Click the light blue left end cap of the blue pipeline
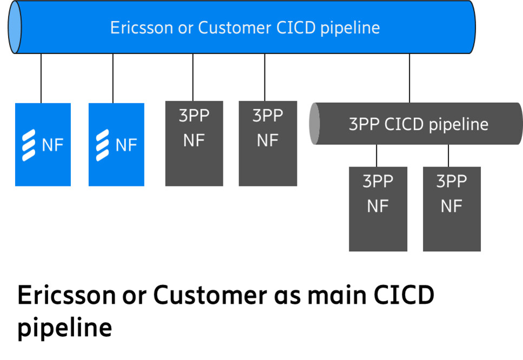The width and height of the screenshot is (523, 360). (x=15, y=28)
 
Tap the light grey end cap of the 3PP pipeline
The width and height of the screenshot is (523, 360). (x=314, y=124)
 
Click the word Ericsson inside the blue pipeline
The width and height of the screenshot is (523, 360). (x=141, y=28)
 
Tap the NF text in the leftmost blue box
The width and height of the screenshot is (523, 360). (x=52, y=145)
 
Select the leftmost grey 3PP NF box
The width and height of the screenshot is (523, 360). (x=194, y=143)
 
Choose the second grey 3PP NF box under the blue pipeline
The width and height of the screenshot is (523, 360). (x=268, y=143)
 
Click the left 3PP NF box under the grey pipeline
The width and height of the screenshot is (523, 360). (x=378, y=209)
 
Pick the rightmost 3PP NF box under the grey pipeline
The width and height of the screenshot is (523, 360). (x=452, y=209)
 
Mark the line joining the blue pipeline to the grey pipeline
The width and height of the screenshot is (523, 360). (x=409, y=78)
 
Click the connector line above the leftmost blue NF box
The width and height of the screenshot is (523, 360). (x=41, y=78)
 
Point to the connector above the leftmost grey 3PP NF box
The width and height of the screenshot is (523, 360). (x=193, y=77)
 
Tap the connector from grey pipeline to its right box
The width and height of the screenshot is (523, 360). (x=448, y=156)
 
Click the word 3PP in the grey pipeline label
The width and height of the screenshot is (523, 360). (x=364, y=124)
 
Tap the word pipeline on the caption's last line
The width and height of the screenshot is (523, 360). (x=64, y=328)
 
